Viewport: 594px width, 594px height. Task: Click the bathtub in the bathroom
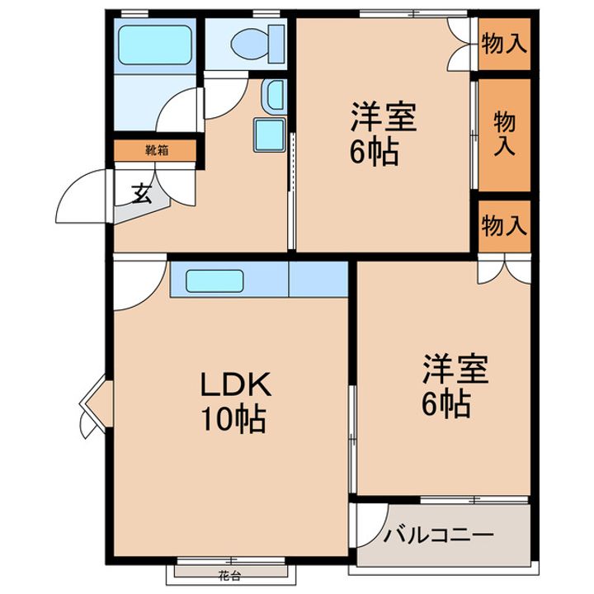[x=154, y=45]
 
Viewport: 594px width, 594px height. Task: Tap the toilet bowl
[x=250, y=44]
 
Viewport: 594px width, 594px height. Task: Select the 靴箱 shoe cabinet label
[x=157, y=150]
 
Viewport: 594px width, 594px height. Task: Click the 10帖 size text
[x=233, y=420]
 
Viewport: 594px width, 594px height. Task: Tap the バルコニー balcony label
[x=439, y=535]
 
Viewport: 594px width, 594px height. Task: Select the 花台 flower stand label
[x=229, y=576]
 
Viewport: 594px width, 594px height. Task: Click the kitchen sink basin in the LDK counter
[x=214, y=280]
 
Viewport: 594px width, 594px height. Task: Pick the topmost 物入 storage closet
[x=504, y=45]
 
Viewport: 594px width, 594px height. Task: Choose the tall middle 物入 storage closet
[x=504, y=135]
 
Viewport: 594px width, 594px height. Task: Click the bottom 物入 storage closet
[x=504, y=226]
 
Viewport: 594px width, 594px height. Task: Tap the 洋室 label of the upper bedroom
[x=384, y=116]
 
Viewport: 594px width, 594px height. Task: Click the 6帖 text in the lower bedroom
[x=446, y=404]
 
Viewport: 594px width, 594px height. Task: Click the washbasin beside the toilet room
[x=275, y=97]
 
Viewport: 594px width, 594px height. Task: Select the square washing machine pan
[x=269, y=135]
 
